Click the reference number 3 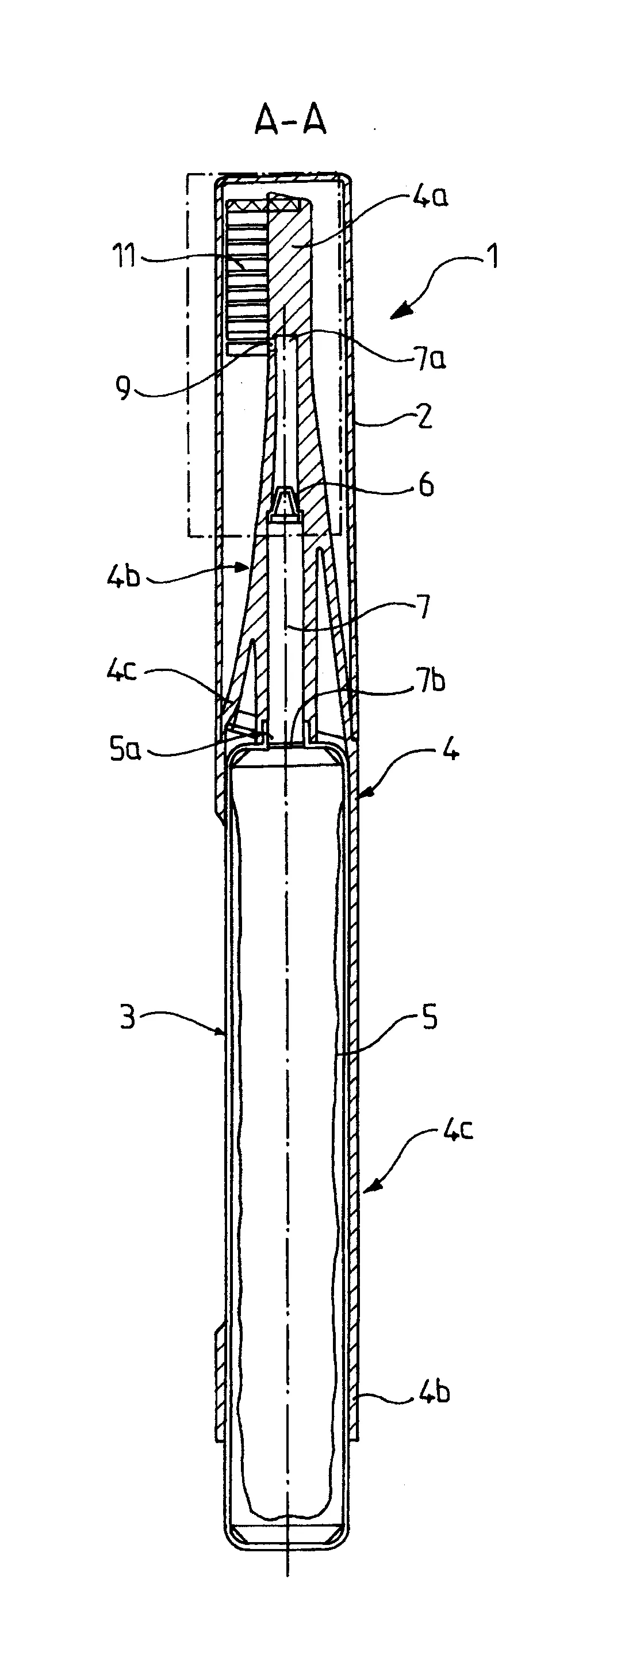coord(128,1017)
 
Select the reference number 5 coord(430,1018)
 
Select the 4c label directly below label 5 coord(458,1129)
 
